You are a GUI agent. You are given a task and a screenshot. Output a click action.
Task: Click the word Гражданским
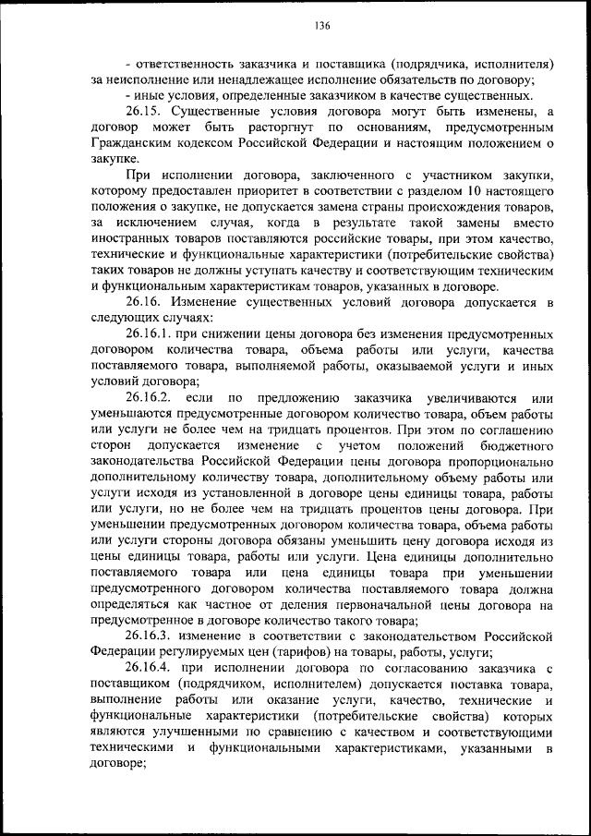point(136,143)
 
